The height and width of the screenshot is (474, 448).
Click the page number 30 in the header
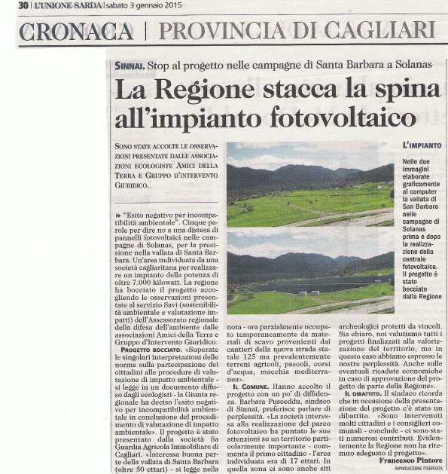pyautogui.click(x=23, y=5)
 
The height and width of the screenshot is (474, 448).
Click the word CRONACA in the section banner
pyautogui.click(x=75, y=32)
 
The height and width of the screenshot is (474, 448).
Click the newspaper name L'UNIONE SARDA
pyautogui.click(x=59, y=6)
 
